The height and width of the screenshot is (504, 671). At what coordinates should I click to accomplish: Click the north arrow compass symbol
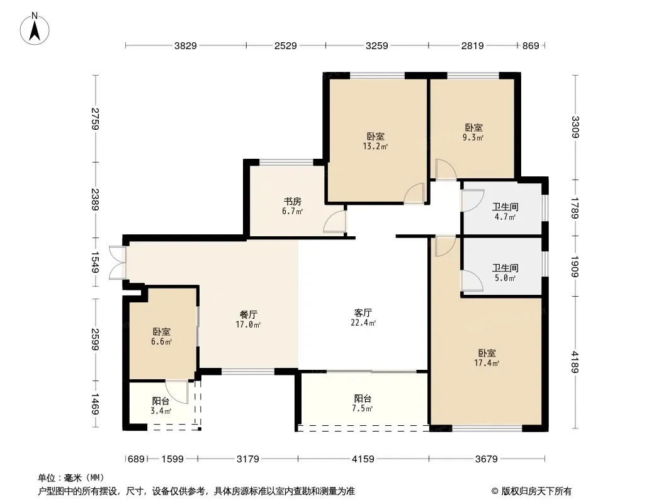pos(35,28)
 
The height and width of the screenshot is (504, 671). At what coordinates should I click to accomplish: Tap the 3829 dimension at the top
pos(185,46)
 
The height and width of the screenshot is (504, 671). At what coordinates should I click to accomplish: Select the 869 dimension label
pos(531,46)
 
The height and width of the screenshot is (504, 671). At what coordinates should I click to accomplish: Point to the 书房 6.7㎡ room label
pos(292,206)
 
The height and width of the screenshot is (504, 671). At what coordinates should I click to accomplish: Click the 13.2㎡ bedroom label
pos(375,141)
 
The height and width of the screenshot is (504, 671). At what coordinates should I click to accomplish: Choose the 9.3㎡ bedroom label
pos(473,132)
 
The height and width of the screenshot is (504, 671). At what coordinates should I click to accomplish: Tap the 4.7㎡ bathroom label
pos(505,212)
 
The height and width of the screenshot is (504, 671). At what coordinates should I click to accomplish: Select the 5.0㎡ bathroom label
pos(505,273)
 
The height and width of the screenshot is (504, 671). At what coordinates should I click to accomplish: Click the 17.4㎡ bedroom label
pos(487,358)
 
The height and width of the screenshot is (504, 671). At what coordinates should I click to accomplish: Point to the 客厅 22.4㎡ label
pos(363,318)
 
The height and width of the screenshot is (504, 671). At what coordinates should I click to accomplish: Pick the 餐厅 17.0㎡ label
pos(248,319)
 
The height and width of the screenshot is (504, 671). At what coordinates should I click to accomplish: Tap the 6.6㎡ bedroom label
pos(161,336)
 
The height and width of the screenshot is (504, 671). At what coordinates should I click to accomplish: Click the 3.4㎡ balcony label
pos(161,406)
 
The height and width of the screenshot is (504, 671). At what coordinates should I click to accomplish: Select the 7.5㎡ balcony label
pos(363,403)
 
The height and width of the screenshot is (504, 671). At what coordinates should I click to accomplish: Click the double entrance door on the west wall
pos(118,263)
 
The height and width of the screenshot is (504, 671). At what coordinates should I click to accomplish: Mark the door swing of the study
pos(335,221)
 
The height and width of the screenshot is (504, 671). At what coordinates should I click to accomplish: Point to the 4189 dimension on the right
pos(575,362)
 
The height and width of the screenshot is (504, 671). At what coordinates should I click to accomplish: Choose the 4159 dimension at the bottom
pos(363,459)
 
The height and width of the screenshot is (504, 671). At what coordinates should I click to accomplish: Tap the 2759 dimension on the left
pos(95,118)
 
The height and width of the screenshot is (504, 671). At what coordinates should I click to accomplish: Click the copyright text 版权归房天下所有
pos(536,491)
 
